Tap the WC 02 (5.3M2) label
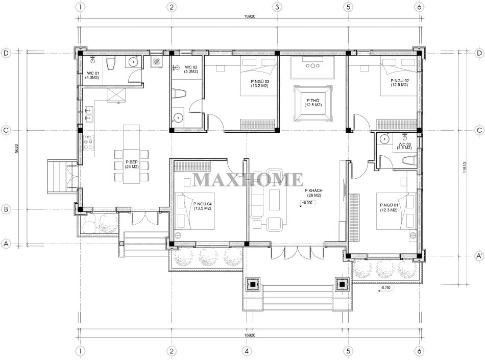pos(191,69)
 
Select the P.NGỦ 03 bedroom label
pos(259,84)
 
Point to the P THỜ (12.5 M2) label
pos(313,103)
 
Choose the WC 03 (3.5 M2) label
pos(405,146)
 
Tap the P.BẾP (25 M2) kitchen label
pos(132,164)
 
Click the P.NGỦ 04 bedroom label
pos(203,206)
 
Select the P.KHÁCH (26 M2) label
pos(313,193)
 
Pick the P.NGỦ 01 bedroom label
pos(389,207)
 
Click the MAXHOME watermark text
pos(248,180)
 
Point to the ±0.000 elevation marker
pos(307,203)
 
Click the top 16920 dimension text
pos(250,16)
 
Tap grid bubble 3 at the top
pos(277,7)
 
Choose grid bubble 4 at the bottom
pos(247,351)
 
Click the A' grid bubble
pos(479,256)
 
